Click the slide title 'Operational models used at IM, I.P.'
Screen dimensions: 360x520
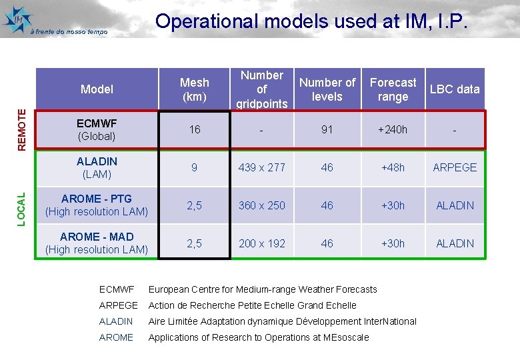click(x=312, y=21)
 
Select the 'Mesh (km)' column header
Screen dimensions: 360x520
click(x=194, y=89)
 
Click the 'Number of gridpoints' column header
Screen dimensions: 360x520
click(x=262, y=89)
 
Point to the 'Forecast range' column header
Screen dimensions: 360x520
click(x=393, y=89)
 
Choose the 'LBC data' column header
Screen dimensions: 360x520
click(x=455, y=89)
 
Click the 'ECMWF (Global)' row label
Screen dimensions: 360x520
click(x=97, y=129)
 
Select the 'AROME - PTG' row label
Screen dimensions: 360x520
click(x=97, y=205)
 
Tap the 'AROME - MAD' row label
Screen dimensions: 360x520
click(x=97, y=243)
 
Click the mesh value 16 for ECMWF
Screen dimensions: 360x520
click(x=194, y=129)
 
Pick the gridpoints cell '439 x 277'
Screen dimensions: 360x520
click(x=262, y=167)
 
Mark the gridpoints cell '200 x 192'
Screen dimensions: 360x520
click(x=262, y=243)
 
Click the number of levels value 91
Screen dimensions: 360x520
click(x=327, y=129)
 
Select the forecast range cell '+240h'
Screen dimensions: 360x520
click(x=393, y=129)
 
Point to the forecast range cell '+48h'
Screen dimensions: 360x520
click(x=393, y=167)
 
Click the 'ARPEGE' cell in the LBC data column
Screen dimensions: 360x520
click(x=455, y=167)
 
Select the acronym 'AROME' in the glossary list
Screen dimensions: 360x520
click(x=116, y=337)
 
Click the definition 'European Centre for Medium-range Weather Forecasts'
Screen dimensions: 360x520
click(x=262, y=289)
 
